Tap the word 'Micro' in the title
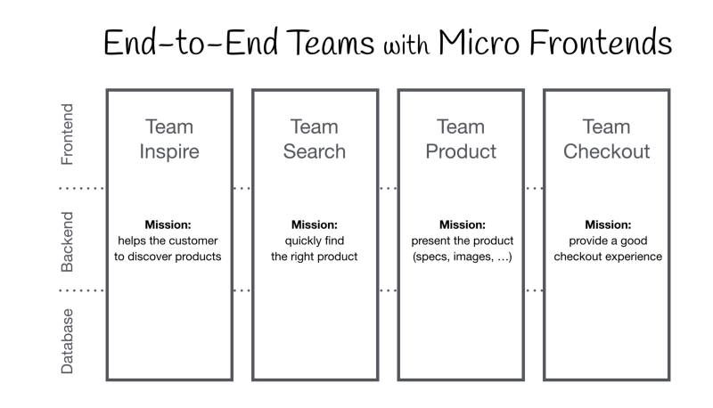tap(479, 42)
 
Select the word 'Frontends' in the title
tap(601, 42)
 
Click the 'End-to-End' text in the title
tap(191, 42)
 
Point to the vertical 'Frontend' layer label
tap(67, 134)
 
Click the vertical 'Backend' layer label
tap(67, 241)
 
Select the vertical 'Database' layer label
tap(67, 341)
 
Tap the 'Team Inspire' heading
tap(169, 139)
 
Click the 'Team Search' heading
tap(315, 139)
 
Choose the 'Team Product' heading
tap(461, 139)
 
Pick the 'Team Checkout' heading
tap(607, 139)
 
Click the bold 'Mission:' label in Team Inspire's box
tap(168, 224)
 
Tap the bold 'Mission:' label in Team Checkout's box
tap(608, 224)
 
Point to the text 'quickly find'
tap(315, 241)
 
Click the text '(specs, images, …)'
tap(463, 257)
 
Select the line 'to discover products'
tap(168, 257)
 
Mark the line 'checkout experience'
tap(608, 257)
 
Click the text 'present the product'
tap(463, 241)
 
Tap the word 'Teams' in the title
tap(331, 42)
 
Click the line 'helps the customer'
tap(168, 241)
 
